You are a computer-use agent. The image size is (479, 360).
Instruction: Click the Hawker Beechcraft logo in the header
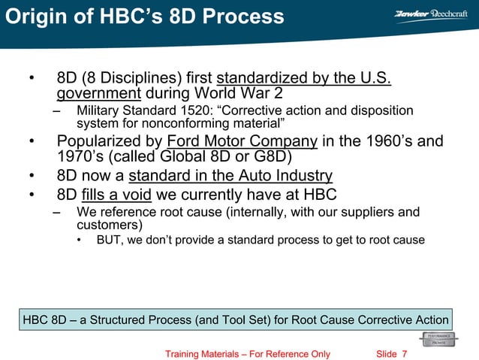tap(430, 14)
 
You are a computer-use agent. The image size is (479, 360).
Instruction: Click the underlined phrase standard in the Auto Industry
tap(230, 177)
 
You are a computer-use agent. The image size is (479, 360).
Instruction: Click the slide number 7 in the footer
tap(405, 354)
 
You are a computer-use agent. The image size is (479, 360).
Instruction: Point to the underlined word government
tap(99, 95)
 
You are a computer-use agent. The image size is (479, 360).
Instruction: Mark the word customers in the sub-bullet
tap(106, 225)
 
